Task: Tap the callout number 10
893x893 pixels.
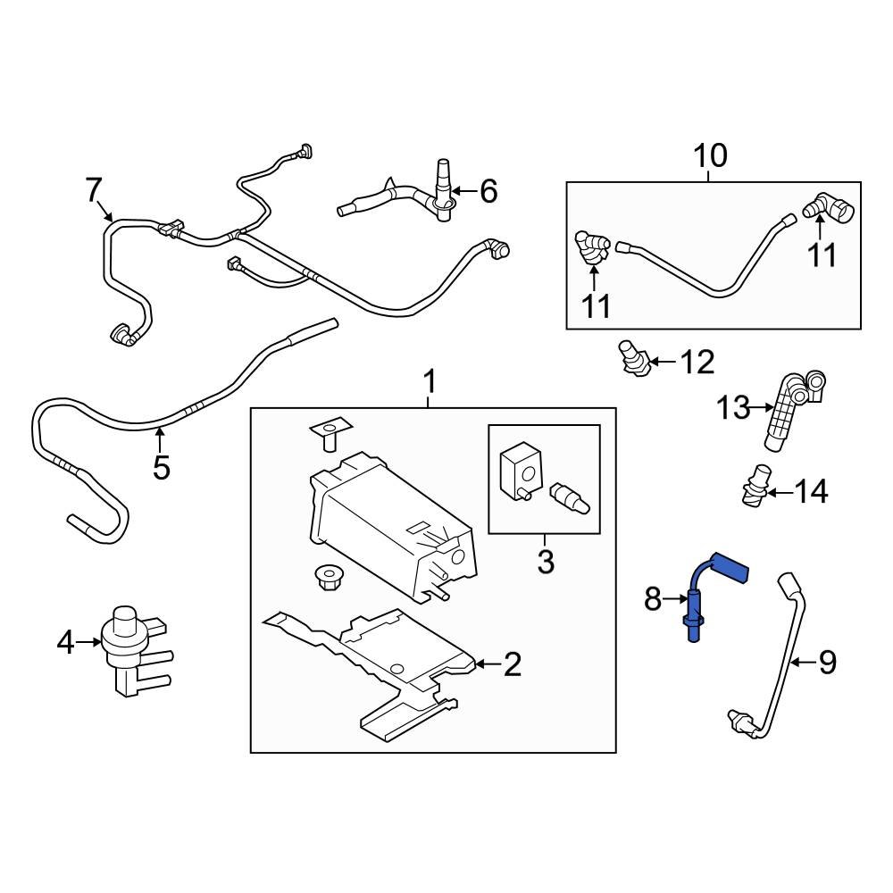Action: (x=711, y=156)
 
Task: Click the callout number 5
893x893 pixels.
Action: (x=161, y=467)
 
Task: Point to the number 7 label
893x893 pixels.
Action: (x=94, y=189)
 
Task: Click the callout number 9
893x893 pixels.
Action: (x=827, y=663)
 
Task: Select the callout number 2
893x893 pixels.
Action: (x=512, y=663)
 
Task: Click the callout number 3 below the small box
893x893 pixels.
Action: (x=545, y=563)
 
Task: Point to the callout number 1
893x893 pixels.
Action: (x=429, y=383)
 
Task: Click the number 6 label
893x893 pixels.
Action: (x=488, y=190)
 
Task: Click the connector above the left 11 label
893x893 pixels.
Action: (x=592, y=247)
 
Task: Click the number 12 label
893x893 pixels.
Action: (x=697, y=362)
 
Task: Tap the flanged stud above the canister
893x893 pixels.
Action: (x=329, y=432)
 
